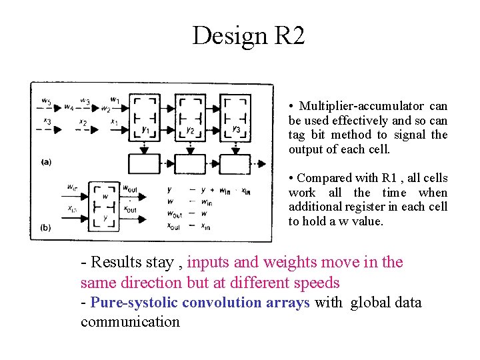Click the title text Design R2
[x=248, y=35]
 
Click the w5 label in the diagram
[x=45, y=101]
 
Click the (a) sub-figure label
[x=46, y=161]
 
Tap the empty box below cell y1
[x=145, y=163]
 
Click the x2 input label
[x=83, y=122]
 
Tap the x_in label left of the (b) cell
[x=71, y=209]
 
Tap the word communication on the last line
[x=130, y=322]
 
